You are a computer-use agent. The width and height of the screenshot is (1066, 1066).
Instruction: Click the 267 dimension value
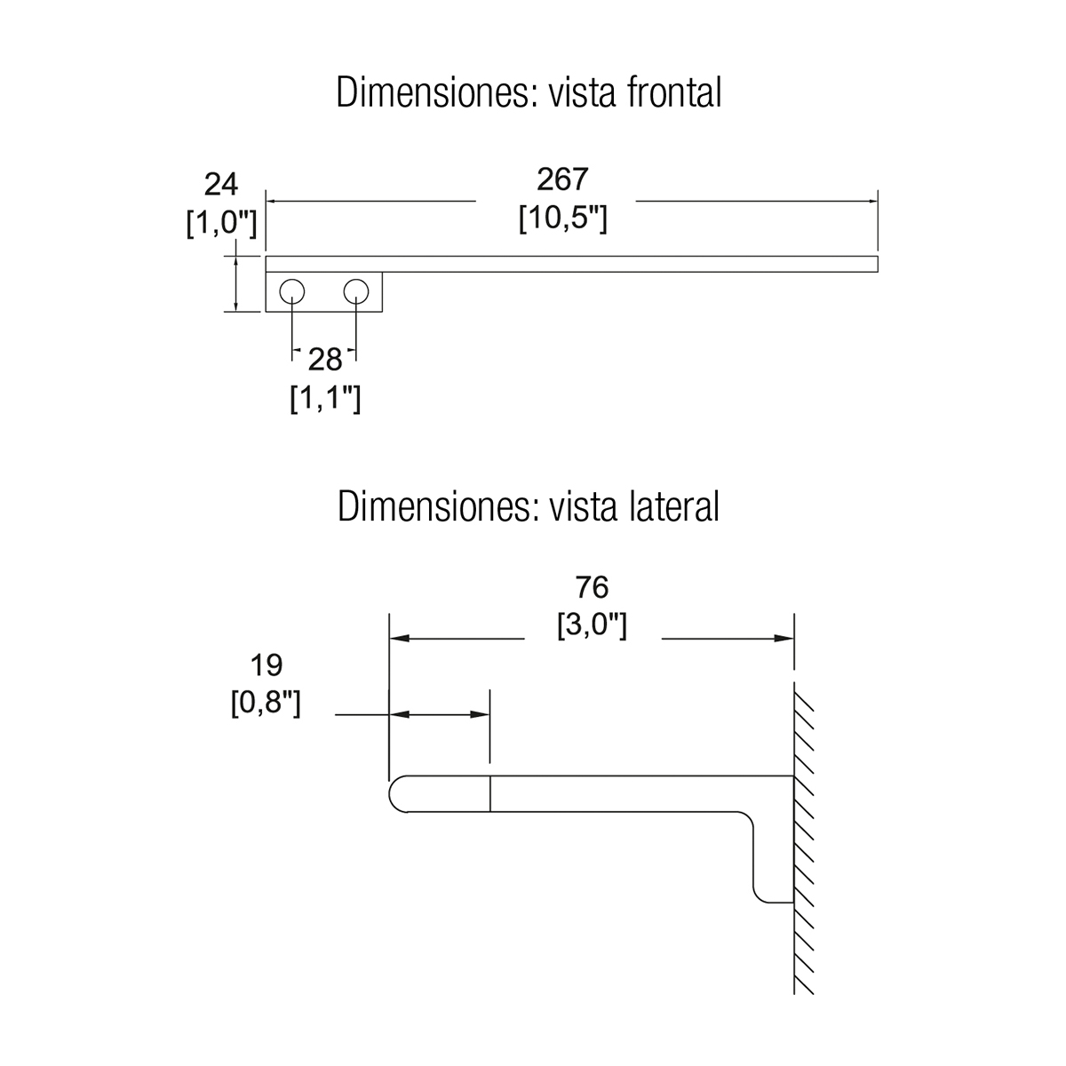tap(562, 179)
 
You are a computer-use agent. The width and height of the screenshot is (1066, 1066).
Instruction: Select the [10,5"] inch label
tap(562, 219)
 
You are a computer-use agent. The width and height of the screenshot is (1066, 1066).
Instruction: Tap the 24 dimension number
tap(221, 185)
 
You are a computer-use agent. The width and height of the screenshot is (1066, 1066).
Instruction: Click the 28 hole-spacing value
tap(325, 360)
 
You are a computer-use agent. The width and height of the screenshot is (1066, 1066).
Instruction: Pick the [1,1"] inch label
tap(325, 399)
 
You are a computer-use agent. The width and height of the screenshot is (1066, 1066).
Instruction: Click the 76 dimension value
tap(592, 587)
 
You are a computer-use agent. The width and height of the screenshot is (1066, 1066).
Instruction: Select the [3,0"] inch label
tap(592, 625)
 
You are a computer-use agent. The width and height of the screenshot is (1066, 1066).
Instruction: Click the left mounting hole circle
tap(292, 291)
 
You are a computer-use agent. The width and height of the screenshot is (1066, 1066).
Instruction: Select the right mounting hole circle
tap(357, 291)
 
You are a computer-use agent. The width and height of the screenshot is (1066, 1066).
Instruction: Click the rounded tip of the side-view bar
tap(394, 793)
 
